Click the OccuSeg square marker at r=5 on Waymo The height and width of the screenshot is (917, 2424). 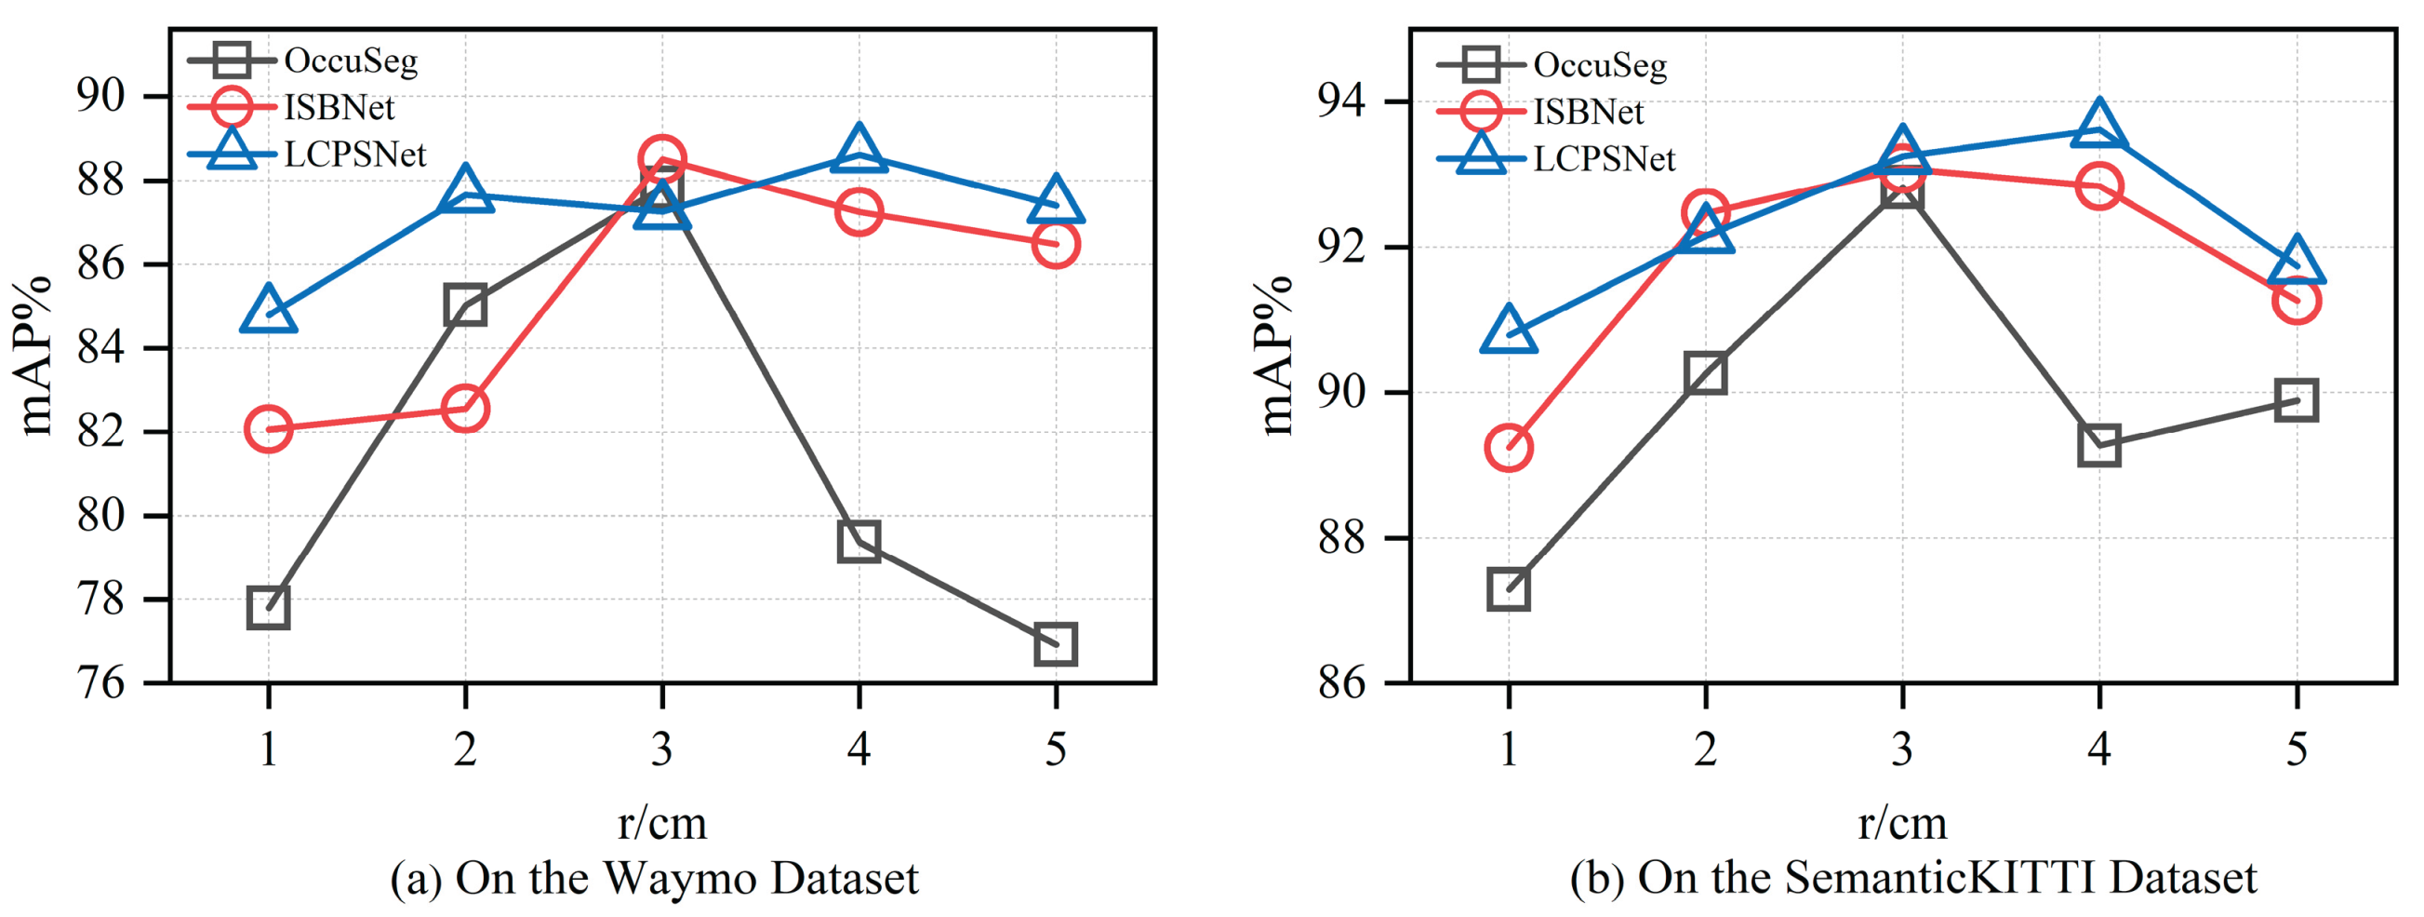click(x=1055, y=645)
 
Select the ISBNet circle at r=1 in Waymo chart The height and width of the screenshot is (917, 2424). click(x=268, y=429)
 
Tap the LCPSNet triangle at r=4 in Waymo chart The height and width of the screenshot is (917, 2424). click(x=859, y=151)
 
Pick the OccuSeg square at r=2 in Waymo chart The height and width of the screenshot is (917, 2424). click(x=465, y=305)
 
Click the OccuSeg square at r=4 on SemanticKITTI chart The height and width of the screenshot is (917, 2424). click(x=2098, y=444)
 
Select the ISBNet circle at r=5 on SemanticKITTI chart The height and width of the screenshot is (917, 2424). click(x=2296, y=301)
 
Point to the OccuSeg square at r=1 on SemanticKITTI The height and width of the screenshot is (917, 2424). click(x=1509, y=589)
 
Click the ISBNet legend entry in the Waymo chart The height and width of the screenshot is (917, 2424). click(x=339, y=107)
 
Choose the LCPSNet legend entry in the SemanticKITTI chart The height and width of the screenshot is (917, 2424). click(x=1604, y=159)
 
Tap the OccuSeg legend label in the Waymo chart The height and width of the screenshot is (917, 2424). click(x=350, y=61)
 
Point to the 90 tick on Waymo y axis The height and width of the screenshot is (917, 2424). click(x=100, y=96)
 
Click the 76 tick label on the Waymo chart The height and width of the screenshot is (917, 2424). click(x=100, y=683)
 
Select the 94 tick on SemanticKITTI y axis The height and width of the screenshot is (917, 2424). click(x=1340, y=101)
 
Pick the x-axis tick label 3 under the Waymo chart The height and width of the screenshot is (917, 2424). click(x=661, y=750)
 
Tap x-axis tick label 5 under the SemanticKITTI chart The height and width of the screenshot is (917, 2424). click(x=2296, y=750)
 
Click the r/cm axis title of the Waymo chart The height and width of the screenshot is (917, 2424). click(x=661, y=824)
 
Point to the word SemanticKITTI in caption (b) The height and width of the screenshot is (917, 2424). click(x=1938, y=879)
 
